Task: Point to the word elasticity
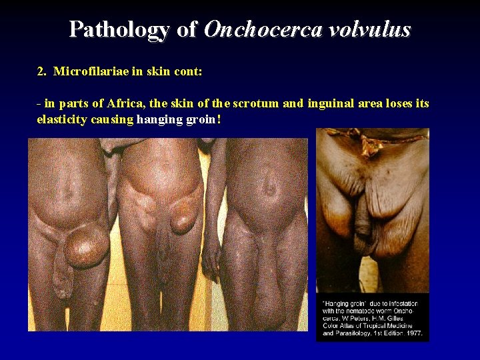62,119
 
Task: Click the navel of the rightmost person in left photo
270,191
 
